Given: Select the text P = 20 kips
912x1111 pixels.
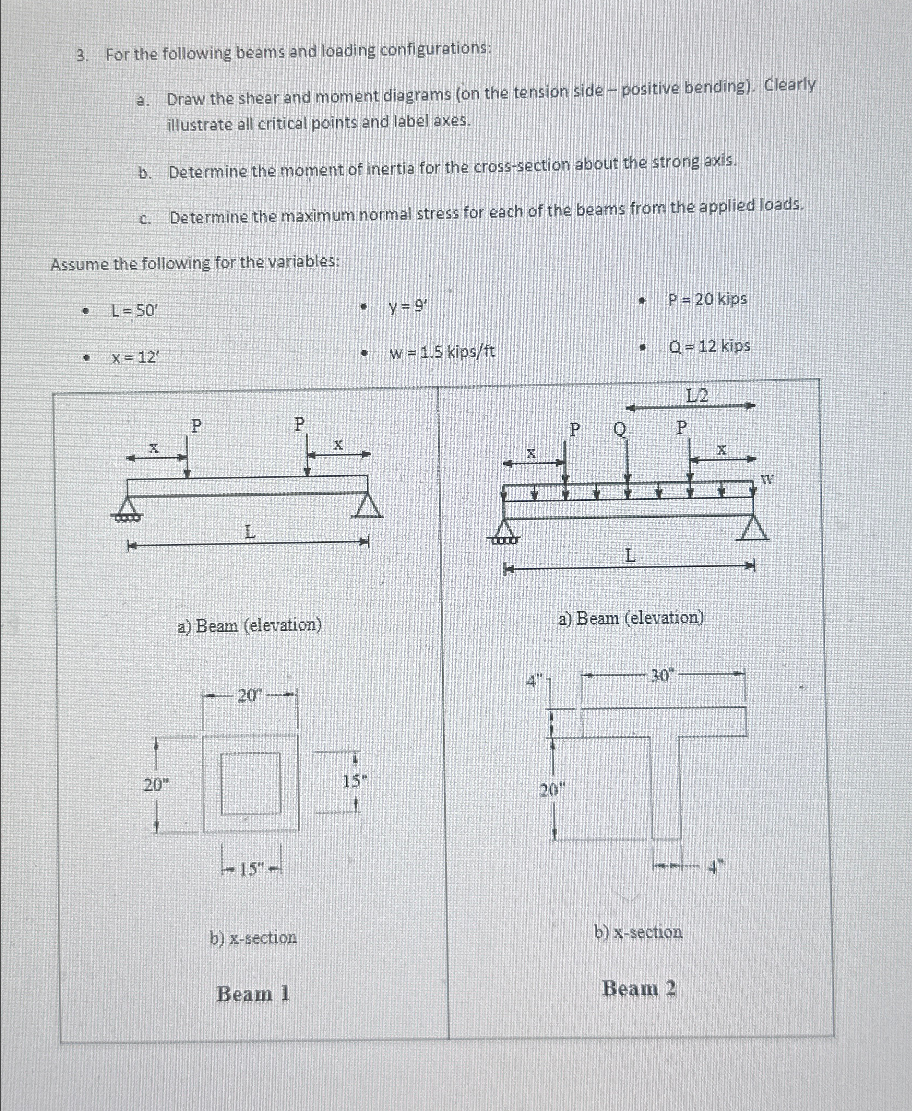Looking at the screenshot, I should pyautogui.click(x=707, y=299).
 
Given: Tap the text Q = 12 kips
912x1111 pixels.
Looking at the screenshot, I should pyautogui.click(x=709, y=346).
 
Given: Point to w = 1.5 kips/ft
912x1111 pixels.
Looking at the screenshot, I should pyautogui.click(x=442, y=352).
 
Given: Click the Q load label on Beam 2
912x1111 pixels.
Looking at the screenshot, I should pyautogui.click(x=619, y=429).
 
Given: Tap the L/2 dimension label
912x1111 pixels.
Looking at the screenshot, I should pyautogui.click(x=696, y=395).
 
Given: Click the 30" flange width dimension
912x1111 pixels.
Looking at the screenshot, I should pyautogui.click(x=662, y=676).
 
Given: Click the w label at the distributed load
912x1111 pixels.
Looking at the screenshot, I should pyautogui.click(x=767, y=480).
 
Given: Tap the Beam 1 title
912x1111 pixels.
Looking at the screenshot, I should pyautogui.click(x=253, y=994).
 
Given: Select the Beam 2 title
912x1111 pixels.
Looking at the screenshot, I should pyautogui.click(x=639, y=988).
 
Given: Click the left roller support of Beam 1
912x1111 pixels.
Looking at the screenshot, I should pyautogui.click(x=127, y=508).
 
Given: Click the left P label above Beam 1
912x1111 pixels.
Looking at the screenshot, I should pyautogui.click(x=196, y=426).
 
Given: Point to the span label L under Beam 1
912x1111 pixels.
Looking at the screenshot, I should pyautogui.click(x=249, y=531).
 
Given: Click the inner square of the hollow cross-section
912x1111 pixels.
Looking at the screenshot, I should pyautogui.click(x=251, y=783).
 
